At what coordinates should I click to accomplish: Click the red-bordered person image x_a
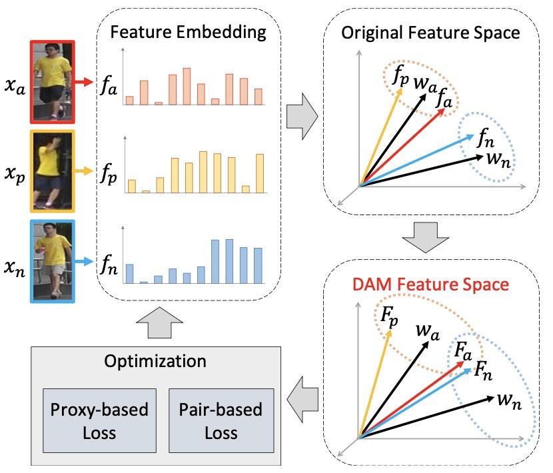pyautogui.click(x=53, y=81)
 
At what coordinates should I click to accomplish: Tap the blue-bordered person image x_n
pyautogui.click(x=53, y=262)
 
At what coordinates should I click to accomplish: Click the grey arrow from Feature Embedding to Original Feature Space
pyautogui.click(x=302, y=116)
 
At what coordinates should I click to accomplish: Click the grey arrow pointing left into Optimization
pyautogui.click(x=302, y=399)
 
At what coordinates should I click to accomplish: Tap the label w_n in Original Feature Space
pyautogui.click(x=494, y=159)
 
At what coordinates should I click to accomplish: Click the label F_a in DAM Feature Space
pyautogui.click(x=463, y=349)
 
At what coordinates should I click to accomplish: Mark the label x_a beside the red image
pyautogui.click(x=15, y=85)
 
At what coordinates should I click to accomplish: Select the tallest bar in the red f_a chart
pyautogui.click(x=187, y=86)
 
